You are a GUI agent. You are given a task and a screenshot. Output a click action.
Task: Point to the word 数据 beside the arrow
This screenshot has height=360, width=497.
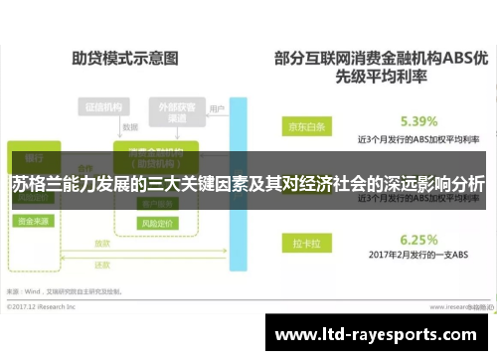(129, 128)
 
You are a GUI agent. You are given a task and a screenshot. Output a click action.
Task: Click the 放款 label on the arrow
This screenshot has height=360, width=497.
(102, 243)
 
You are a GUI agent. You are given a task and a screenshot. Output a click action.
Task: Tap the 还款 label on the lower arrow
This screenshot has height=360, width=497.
(102, 267)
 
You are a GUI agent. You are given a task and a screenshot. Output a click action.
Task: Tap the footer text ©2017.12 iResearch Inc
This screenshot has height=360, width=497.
(48, 305)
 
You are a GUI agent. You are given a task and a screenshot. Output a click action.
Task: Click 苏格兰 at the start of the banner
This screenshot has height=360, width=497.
(38, 185)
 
